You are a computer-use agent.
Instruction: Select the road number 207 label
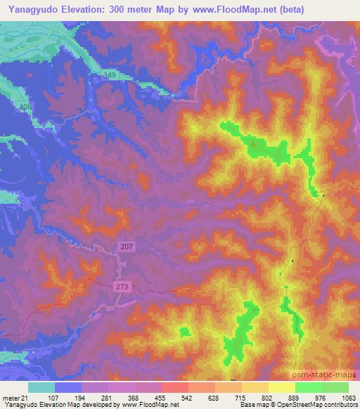[x=127, y=246]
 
